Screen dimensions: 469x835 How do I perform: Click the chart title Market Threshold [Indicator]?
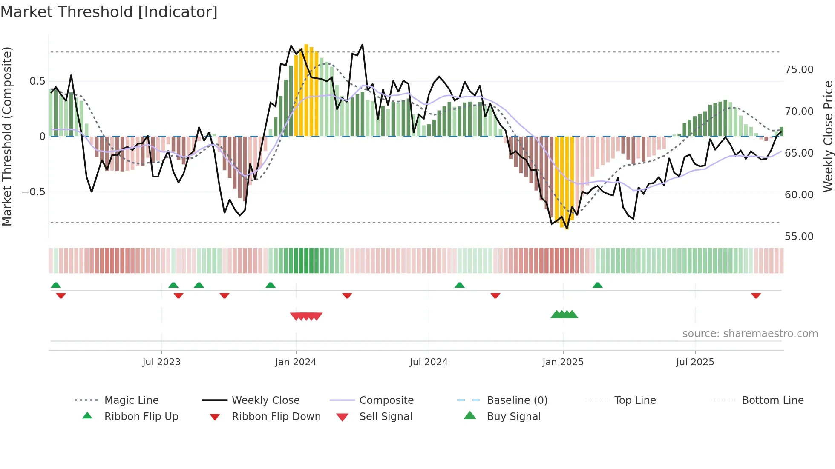(109, 12)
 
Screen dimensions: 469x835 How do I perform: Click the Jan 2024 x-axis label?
(296, 362)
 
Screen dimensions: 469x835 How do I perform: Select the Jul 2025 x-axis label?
(695, 362)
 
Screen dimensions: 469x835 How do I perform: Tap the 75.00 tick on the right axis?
(799, 70)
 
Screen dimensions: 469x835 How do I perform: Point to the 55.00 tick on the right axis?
(799, 237)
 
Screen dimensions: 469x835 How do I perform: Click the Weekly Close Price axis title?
(828, 136)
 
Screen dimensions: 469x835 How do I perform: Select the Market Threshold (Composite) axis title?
(7, 136)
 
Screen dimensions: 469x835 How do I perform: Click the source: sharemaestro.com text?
(750, 334)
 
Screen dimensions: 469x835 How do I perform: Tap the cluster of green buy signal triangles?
(564, 315)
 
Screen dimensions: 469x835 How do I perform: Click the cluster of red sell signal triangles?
(306, 316)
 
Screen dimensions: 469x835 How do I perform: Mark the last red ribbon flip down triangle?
(756, 295)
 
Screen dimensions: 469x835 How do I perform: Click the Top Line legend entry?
(635, 400)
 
